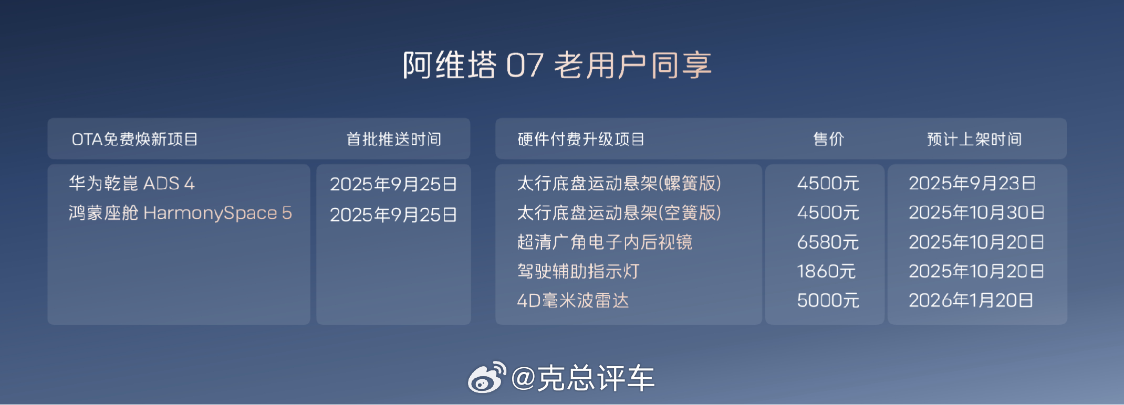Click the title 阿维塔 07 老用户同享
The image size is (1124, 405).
point(557,65)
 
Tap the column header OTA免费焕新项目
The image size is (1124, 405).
point(134,139)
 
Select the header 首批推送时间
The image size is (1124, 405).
point(394,139)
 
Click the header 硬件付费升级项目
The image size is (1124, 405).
point(581,139)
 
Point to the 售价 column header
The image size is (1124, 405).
point(828,139)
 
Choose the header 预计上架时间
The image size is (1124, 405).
point(974,139)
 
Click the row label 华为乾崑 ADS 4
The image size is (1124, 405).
point(132,183)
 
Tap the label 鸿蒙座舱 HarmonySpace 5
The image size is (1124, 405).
point(180,213)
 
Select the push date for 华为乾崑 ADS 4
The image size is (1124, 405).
point(393,184)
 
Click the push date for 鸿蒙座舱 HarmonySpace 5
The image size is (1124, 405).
point(393,215)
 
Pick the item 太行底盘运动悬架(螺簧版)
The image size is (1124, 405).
point(619,183)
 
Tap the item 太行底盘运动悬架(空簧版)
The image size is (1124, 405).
point(619,212)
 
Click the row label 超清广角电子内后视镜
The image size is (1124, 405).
point(605,242)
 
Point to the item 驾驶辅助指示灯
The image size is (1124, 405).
point(578,271)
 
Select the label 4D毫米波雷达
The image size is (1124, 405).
point(573,301)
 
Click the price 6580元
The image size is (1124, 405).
point(828,242)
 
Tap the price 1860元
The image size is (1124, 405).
point(826,271)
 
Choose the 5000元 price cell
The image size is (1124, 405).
point(828,301)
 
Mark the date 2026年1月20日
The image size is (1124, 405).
point(971,301)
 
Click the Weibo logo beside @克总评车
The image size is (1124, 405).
point(487,377)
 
